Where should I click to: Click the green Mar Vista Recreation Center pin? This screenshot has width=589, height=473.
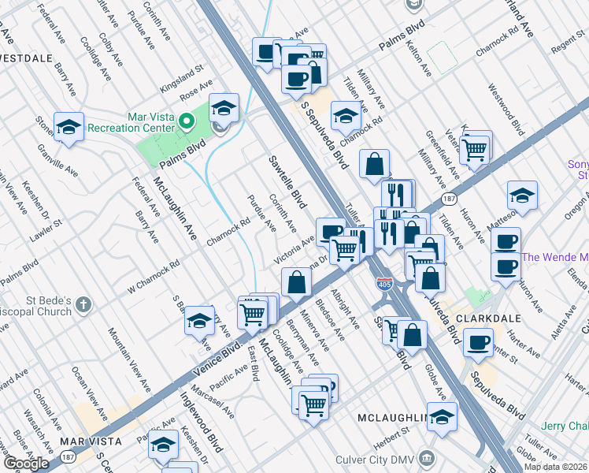point(187,121)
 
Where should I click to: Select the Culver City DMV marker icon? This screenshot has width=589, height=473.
point(426,457)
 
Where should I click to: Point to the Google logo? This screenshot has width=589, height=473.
point(26,464)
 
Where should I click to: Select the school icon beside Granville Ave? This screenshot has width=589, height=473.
point(69,126)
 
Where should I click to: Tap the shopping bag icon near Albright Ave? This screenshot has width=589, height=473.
point(295,281)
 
